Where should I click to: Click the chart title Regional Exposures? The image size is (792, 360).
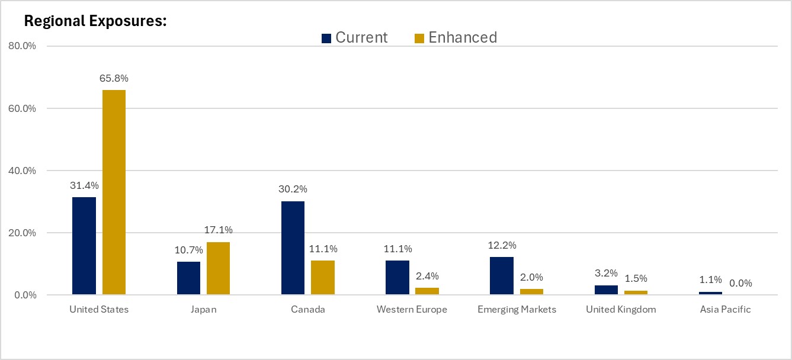click(x=95, y=21)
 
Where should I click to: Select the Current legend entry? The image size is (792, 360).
click(x=354, y=37)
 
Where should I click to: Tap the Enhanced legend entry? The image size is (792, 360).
click(x=455, y=37)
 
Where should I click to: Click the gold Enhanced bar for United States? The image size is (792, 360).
click(x=114, y=192)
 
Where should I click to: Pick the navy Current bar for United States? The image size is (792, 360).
click(x=84, y=246)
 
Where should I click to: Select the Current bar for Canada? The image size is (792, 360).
click(x=293, y=247)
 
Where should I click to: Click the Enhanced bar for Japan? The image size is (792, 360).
click(x=218, y=268)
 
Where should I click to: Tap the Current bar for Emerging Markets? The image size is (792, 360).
click(x=502, y=275)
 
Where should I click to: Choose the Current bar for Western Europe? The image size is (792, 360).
click(x=397, y=277)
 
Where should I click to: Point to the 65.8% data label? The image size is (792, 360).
click(x=114, y=78)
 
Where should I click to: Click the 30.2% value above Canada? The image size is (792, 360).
click(x=293, y=189)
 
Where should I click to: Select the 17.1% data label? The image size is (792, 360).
click(x=219, y=230)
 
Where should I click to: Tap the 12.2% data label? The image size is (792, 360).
click(x=502, y=245)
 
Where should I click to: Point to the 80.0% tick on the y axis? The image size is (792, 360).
click(x=21, y=46)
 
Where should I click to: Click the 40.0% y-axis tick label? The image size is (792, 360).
click(x=21, y=171)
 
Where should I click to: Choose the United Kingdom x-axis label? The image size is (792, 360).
click(x=621, y=310)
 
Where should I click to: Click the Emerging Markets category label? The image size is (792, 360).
click(x=517, y=310)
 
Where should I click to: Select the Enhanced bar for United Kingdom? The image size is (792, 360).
click(x=636, y=292)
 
